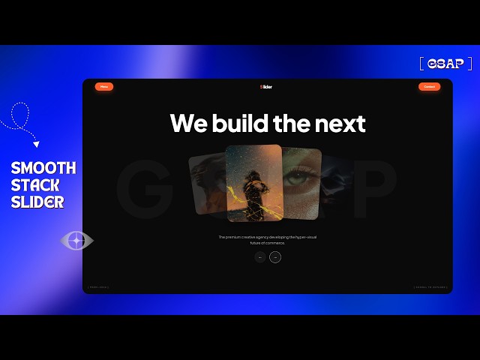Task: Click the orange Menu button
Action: (x=104, y=87)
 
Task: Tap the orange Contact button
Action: (x=429, y=87)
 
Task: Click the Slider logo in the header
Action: (x=266, y=87)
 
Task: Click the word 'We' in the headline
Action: (x=187, y=123)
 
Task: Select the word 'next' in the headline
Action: (x=341, y=123)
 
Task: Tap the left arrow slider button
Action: (x=259, y=257)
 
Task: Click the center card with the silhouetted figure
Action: (x=253, y=183)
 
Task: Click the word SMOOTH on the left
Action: (x=43, y=168)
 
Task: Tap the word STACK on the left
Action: (x=35, y=185)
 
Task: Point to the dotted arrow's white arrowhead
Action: (x=36, y=145)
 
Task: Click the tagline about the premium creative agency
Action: (x=267, y=240)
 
